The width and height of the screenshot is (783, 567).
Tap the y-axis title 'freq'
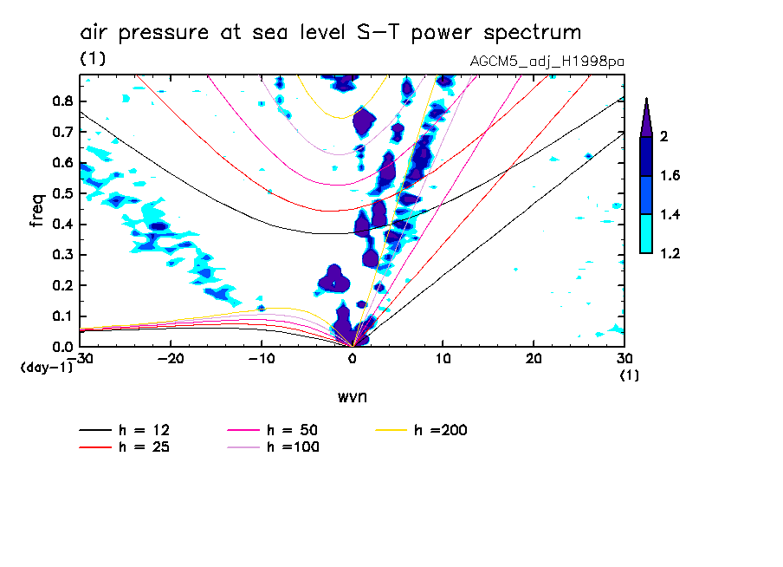tap(37, 211)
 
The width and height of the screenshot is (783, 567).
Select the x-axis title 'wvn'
tap(353, 397)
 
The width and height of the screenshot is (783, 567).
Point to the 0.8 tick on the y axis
tap(62, 101)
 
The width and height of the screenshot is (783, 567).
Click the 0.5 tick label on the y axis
tap(62, 193)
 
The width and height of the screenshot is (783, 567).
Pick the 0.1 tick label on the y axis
tap(62, 316)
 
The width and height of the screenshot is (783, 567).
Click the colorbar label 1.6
tap(670, 176)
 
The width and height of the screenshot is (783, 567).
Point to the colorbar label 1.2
tap(670, 253)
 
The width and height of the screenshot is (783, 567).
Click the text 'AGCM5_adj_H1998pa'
tap(547, 62)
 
